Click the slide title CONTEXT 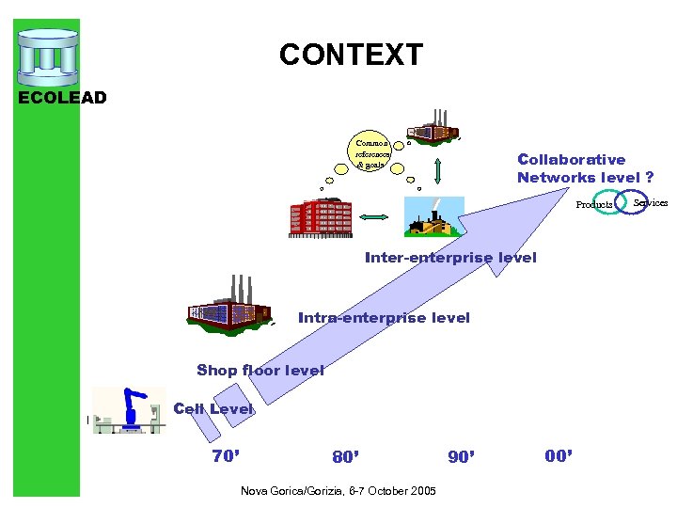click(351, 55)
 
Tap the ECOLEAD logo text click(63, 97)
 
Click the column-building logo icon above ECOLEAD click(47, 57)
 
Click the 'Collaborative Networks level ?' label click(584, 168)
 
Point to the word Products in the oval click(594, 204)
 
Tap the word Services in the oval click(650, 202)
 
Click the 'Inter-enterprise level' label click(450, 257)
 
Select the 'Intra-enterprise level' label click(384, 318)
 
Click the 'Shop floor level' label click(260, 370)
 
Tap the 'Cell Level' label click(213, 408)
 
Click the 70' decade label click(226, 456)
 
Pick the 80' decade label click(345, 457)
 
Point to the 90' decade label click(462, 457)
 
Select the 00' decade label click(559, 456)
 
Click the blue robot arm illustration click(132, 410)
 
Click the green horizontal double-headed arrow click(375, 218)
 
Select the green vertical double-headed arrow click(437, 171)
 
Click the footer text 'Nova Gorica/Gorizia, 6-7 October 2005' click(338, 491)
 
